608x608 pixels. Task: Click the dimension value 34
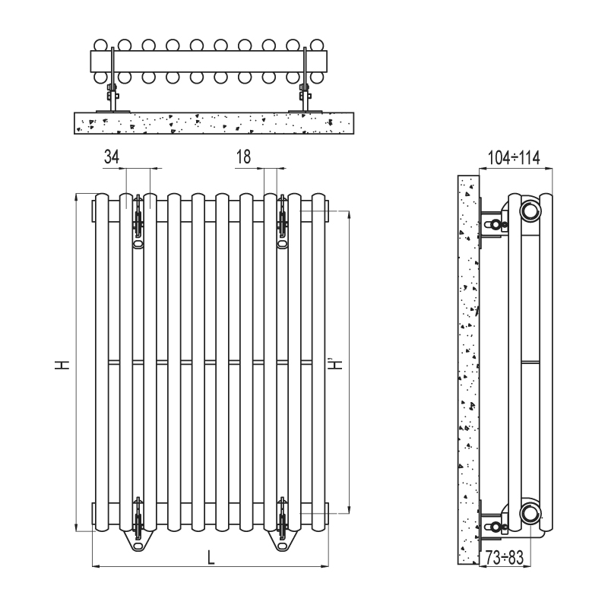[x=112, y=157]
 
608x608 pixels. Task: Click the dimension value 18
[x=243, y=157]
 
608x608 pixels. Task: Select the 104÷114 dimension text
[x=513, y=158]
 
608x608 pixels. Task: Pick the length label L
[x=211, y=557]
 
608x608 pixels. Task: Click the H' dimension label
[x=335, y=364]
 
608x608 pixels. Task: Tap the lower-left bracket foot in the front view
[x=138, y=536]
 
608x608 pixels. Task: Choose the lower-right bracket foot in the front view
[x=282, y=536]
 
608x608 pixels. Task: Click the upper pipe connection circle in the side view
[x=530, y=211]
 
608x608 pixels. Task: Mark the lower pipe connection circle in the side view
[x=530, y=513]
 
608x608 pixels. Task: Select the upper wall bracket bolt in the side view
[x=496, y=225]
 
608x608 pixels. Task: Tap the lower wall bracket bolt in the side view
[x=496, y=527]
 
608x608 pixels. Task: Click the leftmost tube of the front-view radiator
[x=101, y=365]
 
